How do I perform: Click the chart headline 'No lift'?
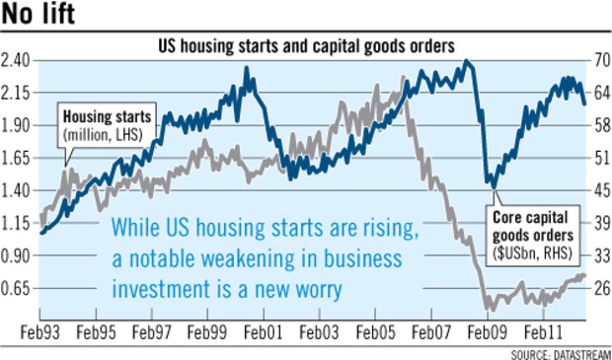(38, 14)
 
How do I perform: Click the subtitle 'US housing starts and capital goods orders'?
(306, 46)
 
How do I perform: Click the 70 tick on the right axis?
(599, 61)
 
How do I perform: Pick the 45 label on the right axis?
(599, 191)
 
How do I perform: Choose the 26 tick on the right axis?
(599, 289)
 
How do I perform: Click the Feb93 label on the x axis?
(40, 333)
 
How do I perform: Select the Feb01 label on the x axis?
(262, 333)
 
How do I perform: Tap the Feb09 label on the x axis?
(487, 333)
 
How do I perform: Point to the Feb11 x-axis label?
(543, 333)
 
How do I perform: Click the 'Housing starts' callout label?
(107, 116)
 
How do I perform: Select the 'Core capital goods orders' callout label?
(533, 226)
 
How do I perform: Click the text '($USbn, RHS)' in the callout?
(533, 252)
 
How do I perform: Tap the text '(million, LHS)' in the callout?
(103, 134)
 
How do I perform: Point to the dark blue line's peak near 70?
(466, 61)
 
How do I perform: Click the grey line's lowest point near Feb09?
(493, 311)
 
